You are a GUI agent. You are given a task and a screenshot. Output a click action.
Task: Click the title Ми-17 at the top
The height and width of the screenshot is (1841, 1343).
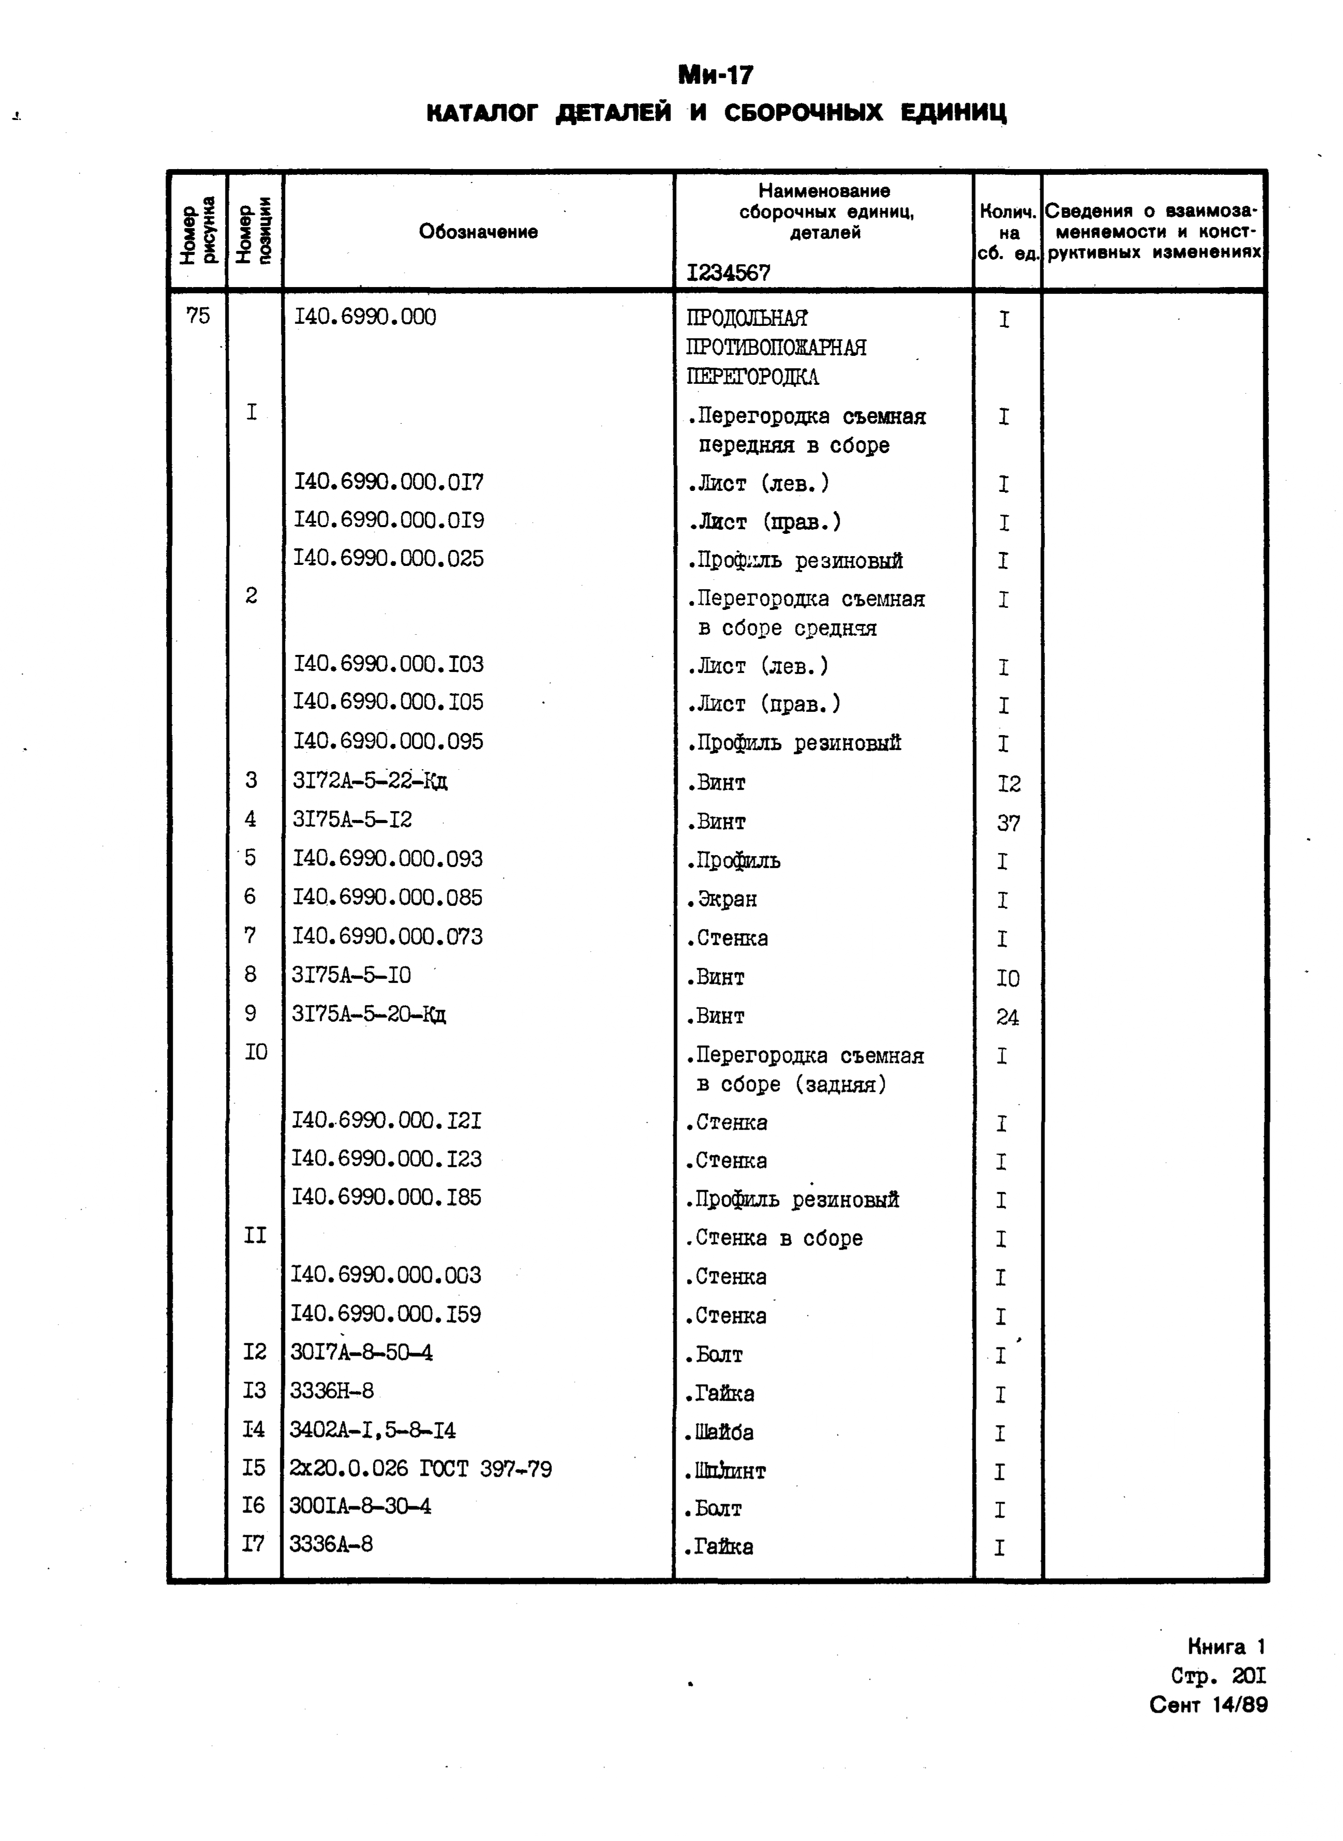715,75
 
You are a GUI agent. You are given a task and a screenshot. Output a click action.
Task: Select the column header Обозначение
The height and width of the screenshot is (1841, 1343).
478,232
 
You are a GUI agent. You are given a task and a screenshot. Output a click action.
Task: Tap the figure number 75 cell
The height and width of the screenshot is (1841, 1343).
198,316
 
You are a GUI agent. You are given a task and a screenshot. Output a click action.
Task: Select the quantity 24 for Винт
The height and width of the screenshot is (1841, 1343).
1007,1017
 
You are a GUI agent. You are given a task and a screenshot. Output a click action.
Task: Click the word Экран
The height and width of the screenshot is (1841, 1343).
722,899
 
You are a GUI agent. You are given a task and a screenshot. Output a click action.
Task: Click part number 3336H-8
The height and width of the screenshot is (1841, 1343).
332,1390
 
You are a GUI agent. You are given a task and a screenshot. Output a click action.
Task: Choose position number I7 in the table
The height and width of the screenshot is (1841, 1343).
253,1544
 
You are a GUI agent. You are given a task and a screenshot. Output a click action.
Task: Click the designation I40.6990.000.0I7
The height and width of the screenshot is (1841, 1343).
388,483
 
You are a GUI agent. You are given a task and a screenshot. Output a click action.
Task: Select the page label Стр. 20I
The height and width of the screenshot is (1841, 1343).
1218,1676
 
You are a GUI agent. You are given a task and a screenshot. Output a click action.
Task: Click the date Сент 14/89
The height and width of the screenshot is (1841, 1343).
1207,1704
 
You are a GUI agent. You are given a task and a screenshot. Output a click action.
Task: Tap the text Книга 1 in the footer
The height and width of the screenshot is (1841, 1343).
1226,1647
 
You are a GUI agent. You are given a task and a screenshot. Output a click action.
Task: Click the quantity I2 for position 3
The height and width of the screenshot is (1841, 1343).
1008,784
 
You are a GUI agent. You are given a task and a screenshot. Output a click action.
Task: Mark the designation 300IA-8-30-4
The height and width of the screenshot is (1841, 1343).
360,1506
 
